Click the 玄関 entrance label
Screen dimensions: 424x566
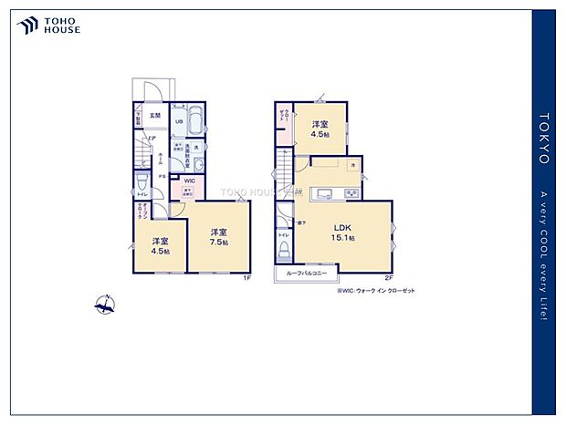tap(155, 116)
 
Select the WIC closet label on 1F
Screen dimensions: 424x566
tap(189, 181)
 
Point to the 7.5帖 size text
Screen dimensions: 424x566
tap(218, 243)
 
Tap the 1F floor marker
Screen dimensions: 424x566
tap(246, 278)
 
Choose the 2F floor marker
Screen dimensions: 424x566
tap(387, 278)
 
